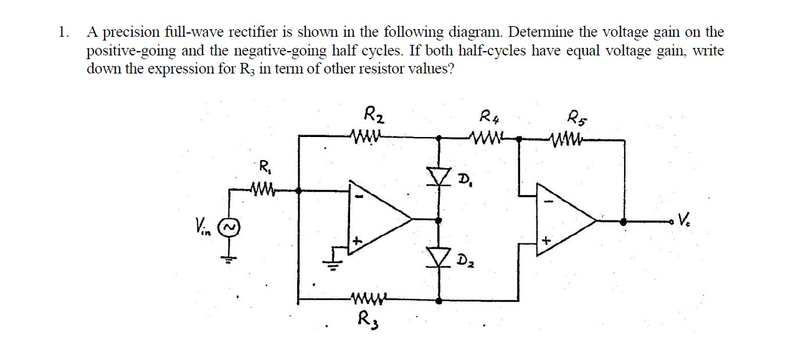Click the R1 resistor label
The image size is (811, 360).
264,167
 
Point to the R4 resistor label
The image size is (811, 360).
490,116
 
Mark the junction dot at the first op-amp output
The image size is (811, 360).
439,220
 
